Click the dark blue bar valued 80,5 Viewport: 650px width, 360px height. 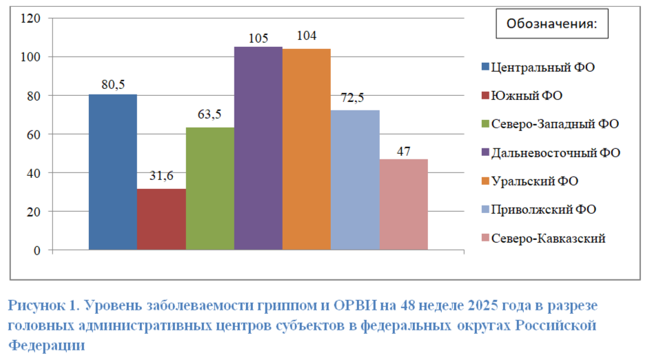click(113, 172)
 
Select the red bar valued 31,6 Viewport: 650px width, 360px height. click(161, 219)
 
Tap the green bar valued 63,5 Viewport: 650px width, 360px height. click(210, 189)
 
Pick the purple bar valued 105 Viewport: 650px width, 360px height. click(258, 148)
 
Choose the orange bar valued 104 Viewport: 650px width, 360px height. click(307, 149)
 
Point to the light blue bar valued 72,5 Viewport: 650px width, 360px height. click(355, 180)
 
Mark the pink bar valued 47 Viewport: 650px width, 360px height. click(404, 204)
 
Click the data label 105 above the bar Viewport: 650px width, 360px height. click(258, 39)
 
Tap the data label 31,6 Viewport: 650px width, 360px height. click(161, 176)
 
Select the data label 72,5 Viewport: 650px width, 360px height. click(352, 98)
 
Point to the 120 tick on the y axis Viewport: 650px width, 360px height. click(31, 18)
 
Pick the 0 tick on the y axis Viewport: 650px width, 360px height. click(37, 250)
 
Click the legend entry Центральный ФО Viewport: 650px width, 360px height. click(538, 67)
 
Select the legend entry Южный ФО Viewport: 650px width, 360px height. click(522, 96)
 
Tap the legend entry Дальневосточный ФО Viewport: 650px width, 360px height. click(551, 153)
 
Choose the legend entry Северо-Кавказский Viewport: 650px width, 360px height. click(543, 239)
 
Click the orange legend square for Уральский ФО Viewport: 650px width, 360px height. click(485, 181)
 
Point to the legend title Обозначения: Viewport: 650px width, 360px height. click(551, 23)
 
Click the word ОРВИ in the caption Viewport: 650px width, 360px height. click(355, 306)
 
